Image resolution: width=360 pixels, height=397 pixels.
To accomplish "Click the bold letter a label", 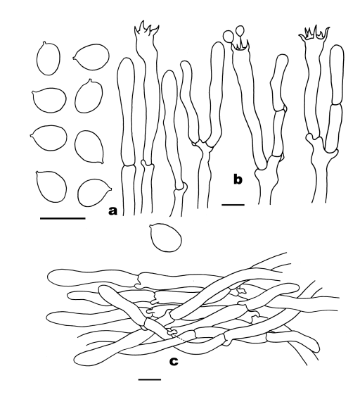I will [x=112, y=210].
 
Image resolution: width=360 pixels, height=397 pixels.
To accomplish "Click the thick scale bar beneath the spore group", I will [x=63, y=218].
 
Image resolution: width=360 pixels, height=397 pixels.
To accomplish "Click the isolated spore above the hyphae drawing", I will [x=166, y=237].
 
